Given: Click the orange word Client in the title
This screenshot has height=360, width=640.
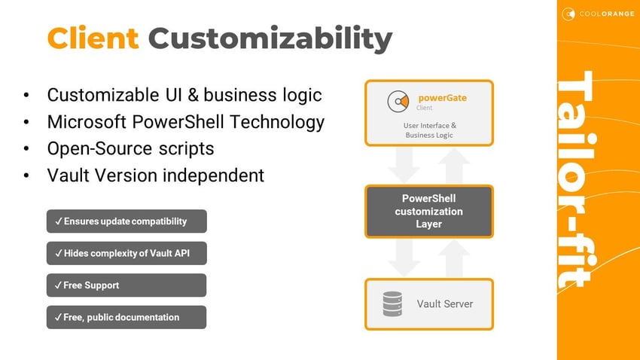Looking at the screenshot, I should [x=93, y=38].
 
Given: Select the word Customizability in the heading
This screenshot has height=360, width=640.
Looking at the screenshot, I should [x=270, y=38].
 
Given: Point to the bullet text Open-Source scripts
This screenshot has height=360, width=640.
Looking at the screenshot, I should [x=130, y=148].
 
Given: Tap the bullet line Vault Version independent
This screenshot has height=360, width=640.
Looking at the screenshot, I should [x=155, y=175].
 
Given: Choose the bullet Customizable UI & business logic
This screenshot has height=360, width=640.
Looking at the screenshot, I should [x=184, y=95].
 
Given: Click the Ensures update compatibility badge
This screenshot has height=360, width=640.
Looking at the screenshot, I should [x=126, y=221].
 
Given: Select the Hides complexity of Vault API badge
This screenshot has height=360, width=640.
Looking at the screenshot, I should [x=126, y=253].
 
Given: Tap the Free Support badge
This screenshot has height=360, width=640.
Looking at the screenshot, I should [x=126, y=285].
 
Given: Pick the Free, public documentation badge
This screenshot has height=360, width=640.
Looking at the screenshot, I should [x=126, y=317].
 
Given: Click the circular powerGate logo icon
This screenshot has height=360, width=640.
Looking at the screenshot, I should [x=398, y=102].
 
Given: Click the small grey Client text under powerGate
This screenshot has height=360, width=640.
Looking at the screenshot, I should [x=424, y=108].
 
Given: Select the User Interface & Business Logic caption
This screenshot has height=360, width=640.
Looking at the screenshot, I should [x=429, y=130].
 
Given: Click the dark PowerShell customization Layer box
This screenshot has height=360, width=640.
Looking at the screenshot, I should [x=429, y=212].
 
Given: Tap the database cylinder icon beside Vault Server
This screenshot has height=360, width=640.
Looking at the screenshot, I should [x=392, y=304].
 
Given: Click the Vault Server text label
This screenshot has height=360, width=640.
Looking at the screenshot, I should [x=445, y=304].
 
